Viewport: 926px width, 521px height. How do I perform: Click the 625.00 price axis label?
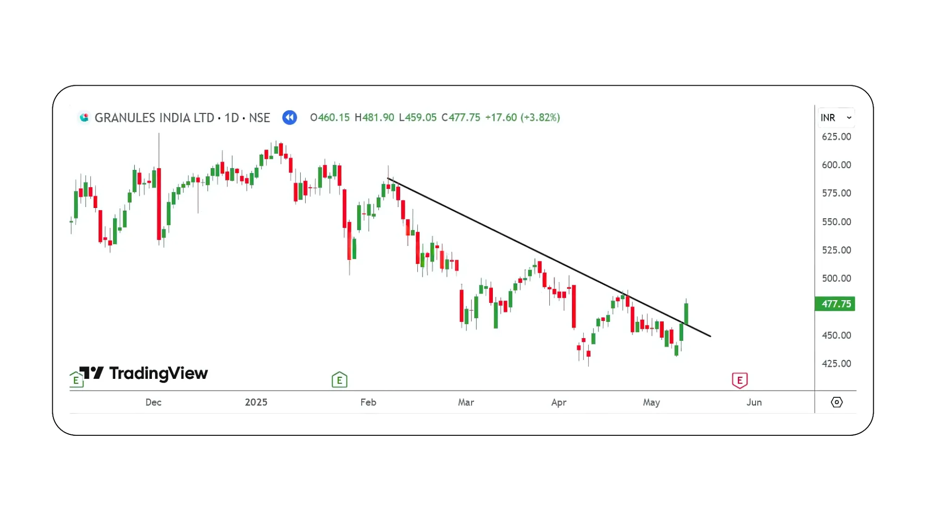click(x=836, y=137)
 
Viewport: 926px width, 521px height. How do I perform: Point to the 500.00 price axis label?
click(x=836, y=278)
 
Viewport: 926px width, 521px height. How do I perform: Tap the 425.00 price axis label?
click(x=836, y=364)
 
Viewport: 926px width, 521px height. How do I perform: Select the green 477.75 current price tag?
click(x=835, y=304)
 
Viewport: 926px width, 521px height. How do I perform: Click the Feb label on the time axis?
click(x=368, y=402)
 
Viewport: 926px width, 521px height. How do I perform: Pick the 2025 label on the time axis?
click(x=256, y=402)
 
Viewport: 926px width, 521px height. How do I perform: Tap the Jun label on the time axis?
click(x=754, y=402)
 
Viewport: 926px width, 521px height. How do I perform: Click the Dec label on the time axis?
click(x=153, y=402)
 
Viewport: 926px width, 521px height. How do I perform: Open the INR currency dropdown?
click(x=836, y=118)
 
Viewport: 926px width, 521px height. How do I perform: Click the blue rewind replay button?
click(x=290, y=118)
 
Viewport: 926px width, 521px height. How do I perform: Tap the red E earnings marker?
click(x=739, y=380)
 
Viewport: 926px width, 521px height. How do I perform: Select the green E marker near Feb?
click(x=340, y=380)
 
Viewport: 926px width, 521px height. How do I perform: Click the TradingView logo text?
click(x=158, y=373)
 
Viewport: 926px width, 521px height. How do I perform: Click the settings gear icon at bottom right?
click(x=837, y=402)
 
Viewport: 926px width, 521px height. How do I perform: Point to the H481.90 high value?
click(x=374, y=118)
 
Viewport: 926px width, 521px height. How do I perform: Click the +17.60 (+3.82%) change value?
click(x=523, y=118)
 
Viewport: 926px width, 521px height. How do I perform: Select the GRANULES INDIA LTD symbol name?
click(x=154, y=118)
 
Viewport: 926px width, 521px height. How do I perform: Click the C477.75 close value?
click(x=461, y=118)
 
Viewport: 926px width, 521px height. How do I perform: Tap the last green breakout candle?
click(x=686, y=314)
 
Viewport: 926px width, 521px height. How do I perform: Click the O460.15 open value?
click(x=330, y=118)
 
